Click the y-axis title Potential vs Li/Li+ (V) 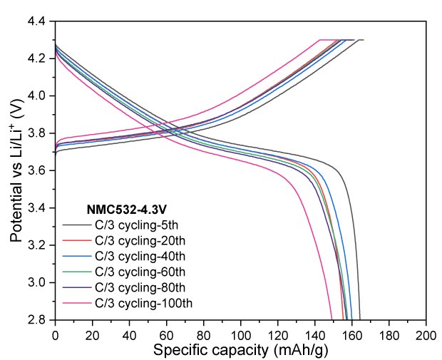click(17, 170)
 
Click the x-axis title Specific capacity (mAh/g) click(240, 350)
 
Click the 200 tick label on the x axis click(426, 334)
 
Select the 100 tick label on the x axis click(240, 334)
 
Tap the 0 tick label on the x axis click(55, 334)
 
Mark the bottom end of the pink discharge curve click(332, 319)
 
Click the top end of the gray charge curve click(363, 40)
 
